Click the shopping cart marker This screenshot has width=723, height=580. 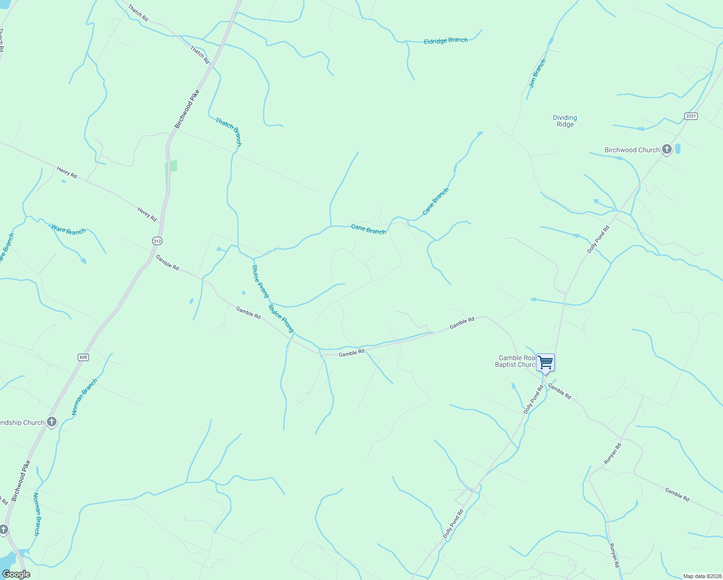(x=545, y=362)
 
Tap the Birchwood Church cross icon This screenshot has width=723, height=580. (x=667, y=149)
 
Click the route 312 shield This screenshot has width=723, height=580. (x=157, y=241)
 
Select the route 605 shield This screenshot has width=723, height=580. (x=84, y=357)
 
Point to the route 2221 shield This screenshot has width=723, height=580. (x=691, y=116)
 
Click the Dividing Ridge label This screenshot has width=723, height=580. (x=565, y=121)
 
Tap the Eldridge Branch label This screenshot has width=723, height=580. (x=446, y=41)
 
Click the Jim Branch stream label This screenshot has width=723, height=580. (x=537, y=73)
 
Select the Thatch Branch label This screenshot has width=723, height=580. (x=229, y=131)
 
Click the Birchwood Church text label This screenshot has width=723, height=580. (x=632, y=150)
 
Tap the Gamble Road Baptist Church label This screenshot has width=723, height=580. (x=516, y=362)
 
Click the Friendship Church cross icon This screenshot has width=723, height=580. (x=52, y=422)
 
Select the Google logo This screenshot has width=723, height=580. (x=16, y=574)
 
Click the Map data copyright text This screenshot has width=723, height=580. (x=702, y=576)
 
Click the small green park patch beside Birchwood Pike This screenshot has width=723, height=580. (x=171, y=166)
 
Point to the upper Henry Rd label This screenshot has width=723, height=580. (x=67, y=173)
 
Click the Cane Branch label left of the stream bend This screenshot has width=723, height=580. (x=368, y=229)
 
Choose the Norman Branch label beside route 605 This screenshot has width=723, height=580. (x=85, y=396)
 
